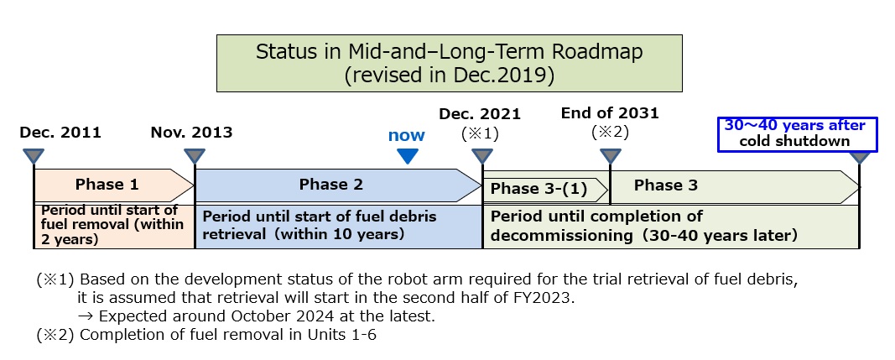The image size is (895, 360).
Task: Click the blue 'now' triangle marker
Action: (408, 156)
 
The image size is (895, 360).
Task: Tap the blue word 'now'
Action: (407, 135)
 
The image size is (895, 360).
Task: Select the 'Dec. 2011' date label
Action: (60, 133)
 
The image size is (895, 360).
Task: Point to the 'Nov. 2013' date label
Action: (192, 133)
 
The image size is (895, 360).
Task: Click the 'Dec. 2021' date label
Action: (480, 114)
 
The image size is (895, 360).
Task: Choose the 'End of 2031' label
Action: (610, 113)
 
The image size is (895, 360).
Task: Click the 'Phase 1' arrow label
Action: (107, 185)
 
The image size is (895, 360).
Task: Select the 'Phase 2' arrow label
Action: (331, 185)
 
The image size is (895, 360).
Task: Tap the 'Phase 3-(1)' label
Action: (539, 189)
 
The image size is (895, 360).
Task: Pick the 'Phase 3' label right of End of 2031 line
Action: (665, 185)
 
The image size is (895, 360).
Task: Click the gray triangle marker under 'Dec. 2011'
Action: (34, 156)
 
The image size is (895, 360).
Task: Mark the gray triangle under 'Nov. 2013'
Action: (195, 156)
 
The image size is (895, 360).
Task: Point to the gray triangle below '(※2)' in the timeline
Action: (610, 156)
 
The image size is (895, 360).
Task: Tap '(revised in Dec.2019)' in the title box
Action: (450, 76)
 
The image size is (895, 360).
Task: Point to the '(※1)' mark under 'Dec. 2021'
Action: (480, 133)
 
